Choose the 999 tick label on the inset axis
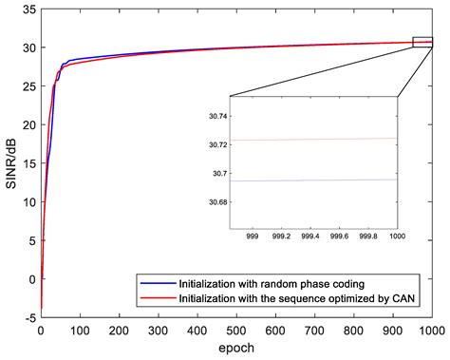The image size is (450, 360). coord(253,234)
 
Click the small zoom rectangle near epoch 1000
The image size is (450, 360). coord(422,42)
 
